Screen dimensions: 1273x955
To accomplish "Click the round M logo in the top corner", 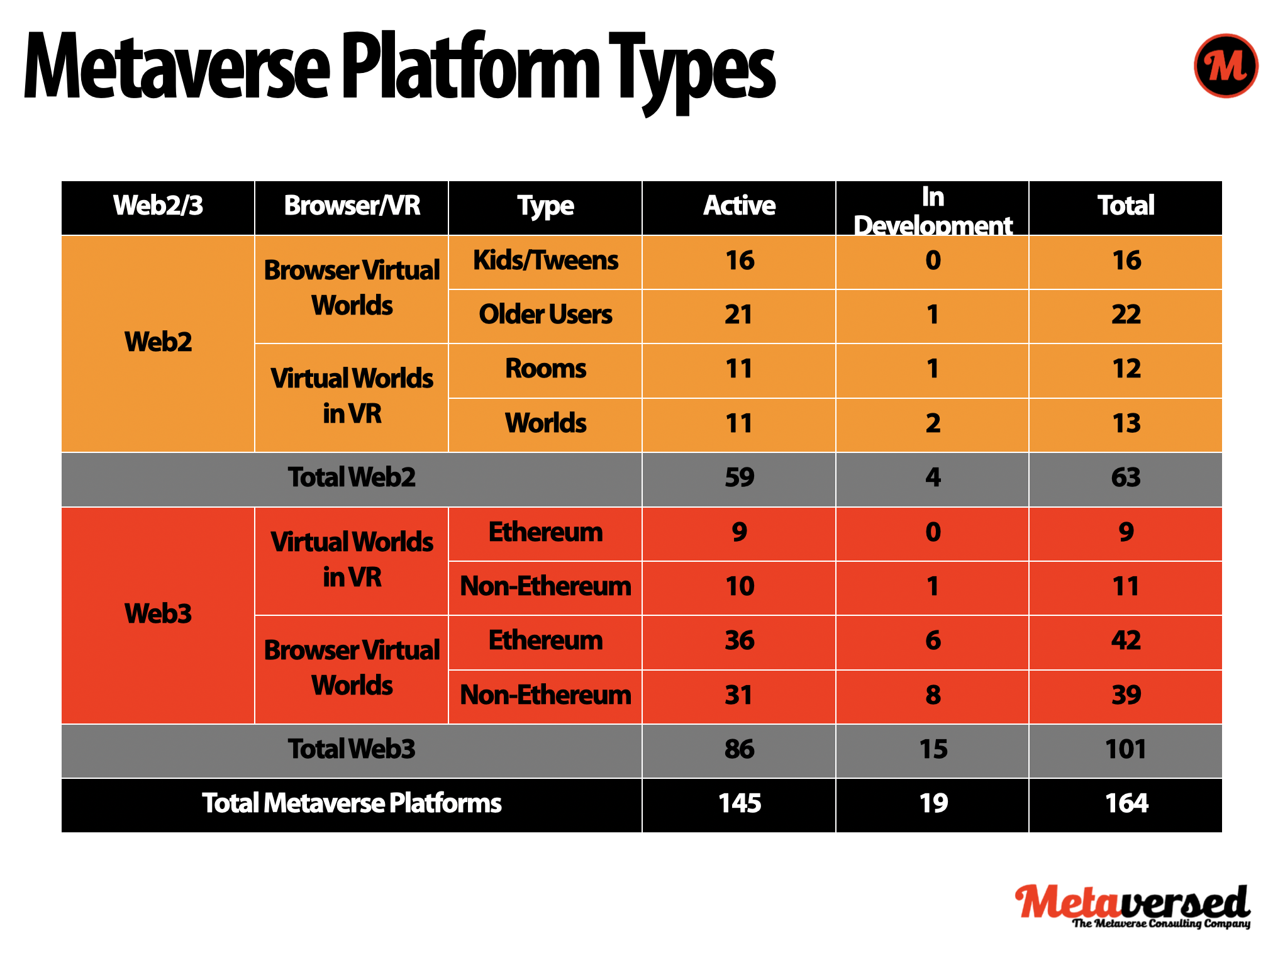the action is coord(1225,66).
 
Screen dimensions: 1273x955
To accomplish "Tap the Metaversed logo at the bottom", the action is coord(1133,906).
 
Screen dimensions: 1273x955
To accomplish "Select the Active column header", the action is coord(739,206).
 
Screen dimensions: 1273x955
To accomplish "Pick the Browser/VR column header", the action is coord(352,206).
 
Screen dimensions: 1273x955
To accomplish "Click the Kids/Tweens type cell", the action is coord(545,260).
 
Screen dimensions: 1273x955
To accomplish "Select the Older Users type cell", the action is coord(545,315).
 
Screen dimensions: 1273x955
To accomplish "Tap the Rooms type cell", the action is coord(545,369).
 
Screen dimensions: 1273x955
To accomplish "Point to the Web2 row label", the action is coord(158,342).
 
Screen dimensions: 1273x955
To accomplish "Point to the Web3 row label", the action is coord(158,613).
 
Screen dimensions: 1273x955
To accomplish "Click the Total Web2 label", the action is coord(352,477).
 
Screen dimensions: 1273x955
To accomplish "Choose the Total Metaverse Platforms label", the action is coord(352,803).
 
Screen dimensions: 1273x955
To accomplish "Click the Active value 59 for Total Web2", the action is coord(739,477).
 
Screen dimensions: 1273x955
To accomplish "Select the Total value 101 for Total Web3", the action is coord(1126,749).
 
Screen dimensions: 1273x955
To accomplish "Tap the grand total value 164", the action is coord(1126,803).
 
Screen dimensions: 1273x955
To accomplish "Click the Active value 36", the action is coord(739,640).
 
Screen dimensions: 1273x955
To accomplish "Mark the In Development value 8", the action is coord(933,695).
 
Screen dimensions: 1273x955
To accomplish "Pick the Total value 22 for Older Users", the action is coord(1126,315).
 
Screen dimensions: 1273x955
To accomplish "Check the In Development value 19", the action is coord(933,803).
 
